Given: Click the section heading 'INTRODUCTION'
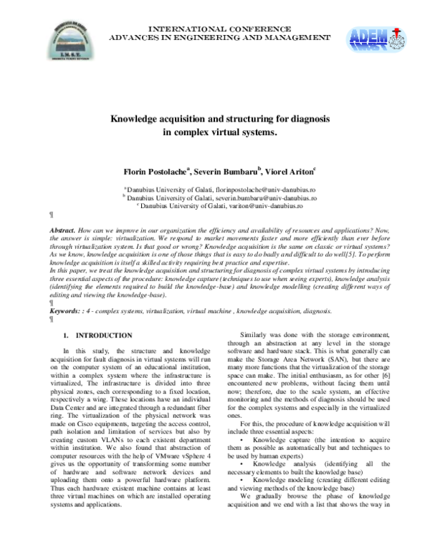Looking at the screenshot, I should click(x=104, y=335).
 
